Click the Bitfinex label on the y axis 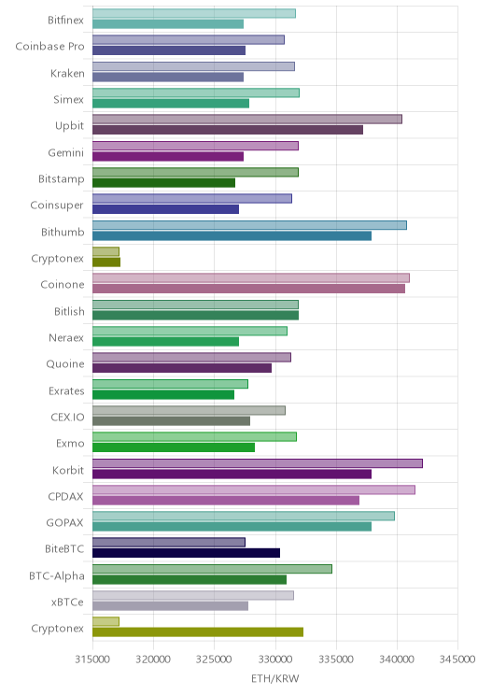click(x=65, y=20)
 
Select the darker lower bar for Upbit click(x=228, y=130)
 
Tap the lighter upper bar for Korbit click(x=258, y=463)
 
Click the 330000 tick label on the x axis click(x=275, y=660)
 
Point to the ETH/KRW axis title click(x=275, y=678)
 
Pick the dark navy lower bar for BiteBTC click(x=186, y=553)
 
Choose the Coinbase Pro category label click(x=49, y=47)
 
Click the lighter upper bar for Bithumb click(x=249, y=225)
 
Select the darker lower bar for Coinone click(x=248, y=289)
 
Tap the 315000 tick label click(x=92, y=660)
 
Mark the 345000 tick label click(x=457, y=660)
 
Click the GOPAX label click(x=64, y=523)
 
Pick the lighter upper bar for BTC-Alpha click(x=212, y=569)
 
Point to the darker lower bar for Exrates click(x=163, y=394)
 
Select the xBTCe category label click(x=67, y=603)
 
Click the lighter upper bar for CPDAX click(x=254, y=489)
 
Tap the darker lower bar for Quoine click(x=182, y=368)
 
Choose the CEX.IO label click(x=67, y=417)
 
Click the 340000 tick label click(x=397, y=660)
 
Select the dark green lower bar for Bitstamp click(x=164, y=183)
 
